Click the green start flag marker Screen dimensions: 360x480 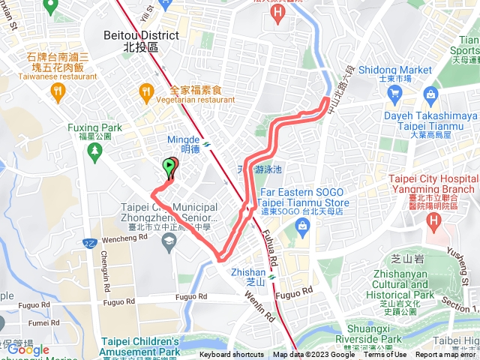click(x=169, y=167)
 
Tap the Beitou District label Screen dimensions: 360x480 click(x=141, y=40)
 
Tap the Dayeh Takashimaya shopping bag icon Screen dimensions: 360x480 click(x=430, y=94)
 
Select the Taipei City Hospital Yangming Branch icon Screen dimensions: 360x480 click(x=432, y=220)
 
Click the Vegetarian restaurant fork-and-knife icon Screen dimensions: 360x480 click(x=146, y=92)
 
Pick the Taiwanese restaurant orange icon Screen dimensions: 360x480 click(x=58, y=92)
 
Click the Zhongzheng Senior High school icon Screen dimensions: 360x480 click(x=169, y=239)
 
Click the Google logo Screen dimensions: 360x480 click(x=28, y=349)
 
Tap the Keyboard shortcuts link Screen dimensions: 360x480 click(x=232, y=355)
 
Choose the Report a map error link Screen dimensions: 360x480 click(x=446, y=355)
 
